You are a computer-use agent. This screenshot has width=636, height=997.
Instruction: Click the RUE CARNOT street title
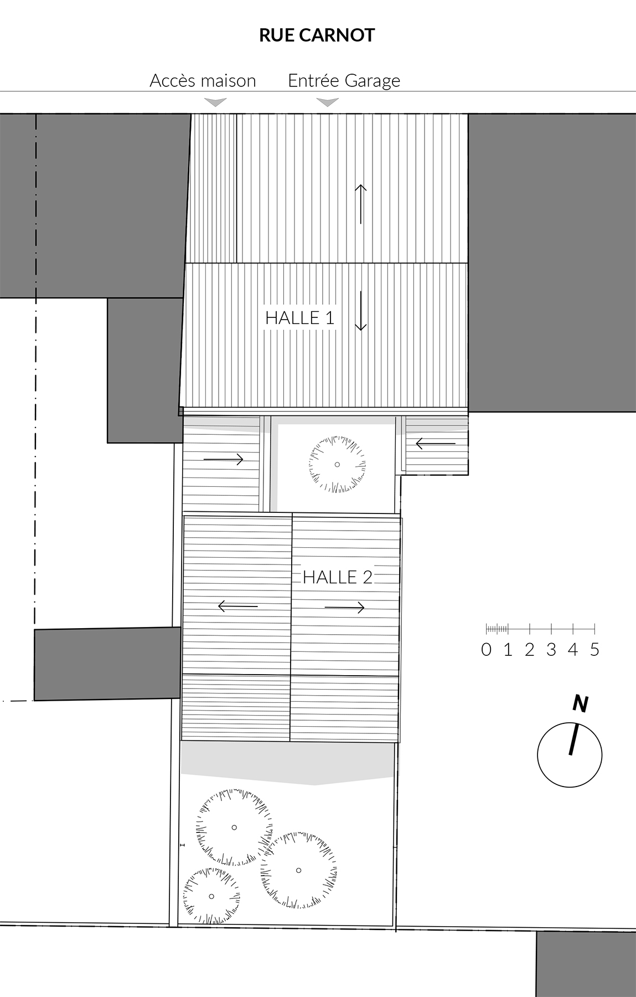[x=317, y=35]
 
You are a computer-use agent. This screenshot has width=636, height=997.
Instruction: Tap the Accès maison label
[x=203, y=81]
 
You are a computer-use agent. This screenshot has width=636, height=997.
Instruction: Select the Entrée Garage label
[x=344, y=81]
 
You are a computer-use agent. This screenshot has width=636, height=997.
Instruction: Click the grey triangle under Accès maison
[x=215, y=102]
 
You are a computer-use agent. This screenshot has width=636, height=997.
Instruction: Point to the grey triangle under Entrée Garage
[x=327, y=102]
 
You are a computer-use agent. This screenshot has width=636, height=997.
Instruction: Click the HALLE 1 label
[x=300, y=318]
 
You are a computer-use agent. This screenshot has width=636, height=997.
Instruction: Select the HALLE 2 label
[x=338, y=577]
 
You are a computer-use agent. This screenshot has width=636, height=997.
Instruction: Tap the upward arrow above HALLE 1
[x=360, y=204]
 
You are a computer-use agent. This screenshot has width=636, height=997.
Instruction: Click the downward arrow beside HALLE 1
[x=360, y=311]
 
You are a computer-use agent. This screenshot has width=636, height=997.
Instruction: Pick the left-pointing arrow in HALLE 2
[x=238, y=607]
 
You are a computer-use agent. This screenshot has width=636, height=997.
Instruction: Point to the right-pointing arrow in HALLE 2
[x=345, y=608]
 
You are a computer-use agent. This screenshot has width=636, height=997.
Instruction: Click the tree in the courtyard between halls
[x=337, y=464]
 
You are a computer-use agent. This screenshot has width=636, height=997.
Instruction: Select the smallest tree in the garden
[x=211, y=896]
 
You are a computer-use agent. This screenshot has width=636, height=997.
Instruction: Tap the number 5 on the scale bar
[x=594, y=649]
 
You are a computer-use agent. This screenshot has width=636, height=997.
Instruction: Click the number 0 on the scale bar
[x=486, y=649]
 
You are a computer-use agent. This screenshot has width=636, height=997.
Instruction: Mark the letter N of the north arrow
[x=580, y=703]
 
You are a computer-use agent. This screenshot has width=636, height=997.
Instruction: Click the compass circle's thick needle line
[x=573, y=740]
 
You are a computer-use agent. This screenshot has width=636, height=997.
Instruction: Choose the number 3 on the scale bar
[x=551, y=649]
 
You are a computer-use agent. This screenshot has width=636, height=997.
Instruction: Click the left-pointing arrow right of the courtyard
[x=436, y=444]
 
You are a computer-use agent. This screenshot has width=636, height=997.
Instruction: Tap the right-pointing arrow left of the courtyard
[x=224, y=459]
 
